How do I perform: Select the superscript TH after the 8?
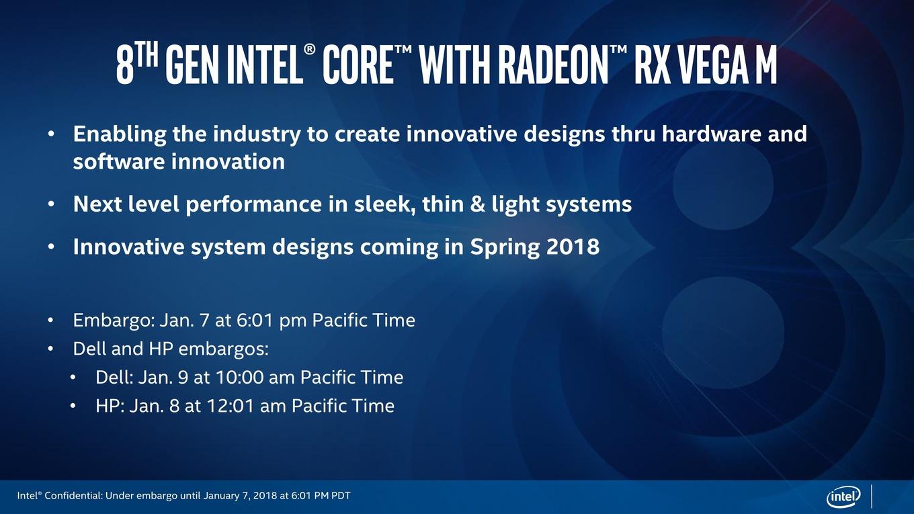click(148, 56)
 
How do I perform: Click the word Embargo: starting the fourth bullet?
click(114, 321)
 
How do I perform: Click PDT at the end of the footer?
click(340, 496)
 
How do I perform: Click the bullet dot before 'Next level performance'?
click(50, 204)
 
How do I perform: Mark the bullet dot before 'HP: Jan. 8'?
click(73, 406)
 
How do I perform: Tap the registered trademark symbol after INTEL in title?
click(310, 50)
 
